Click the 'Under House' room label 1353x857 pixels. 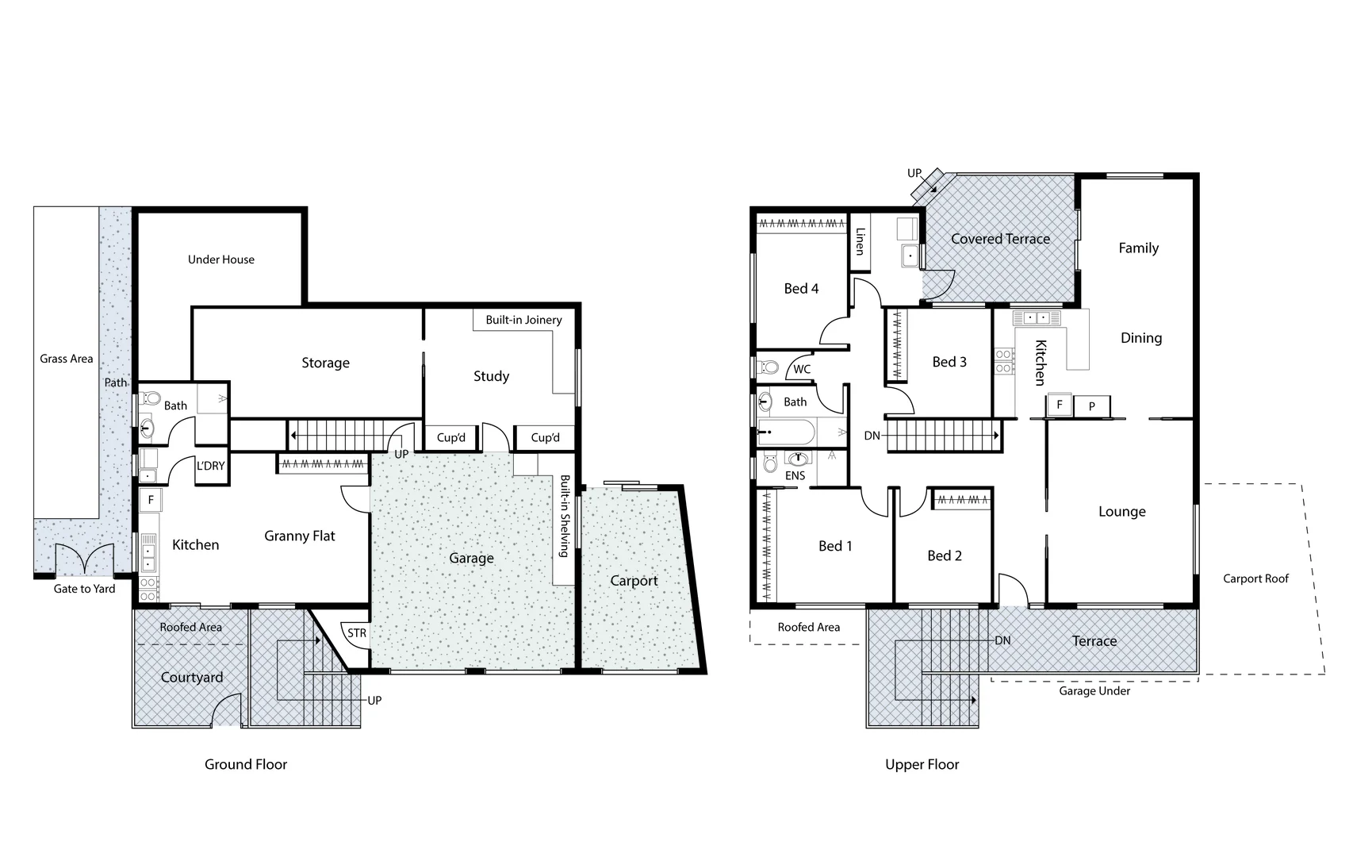(220, 259)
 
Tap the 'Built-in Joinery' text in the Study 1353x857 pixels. (523, 320)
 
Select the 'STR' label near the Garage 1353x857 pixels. (357, 632)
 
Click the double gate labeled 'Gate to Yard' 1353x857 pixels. (85, 559)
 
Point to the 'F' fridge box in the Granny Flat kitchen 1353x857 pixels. (151, 500)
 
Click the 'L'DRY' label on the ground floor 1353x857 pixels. (210, 466)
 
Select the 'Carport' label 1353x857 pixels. (634, 581)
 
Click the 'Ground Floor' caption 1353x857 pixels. (246, 764)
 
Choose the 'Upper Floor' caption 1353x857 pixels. (922, 764)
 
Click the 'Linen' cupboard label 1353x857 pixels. (859, 241)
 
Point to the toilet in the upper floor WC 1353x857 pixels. (767, 367)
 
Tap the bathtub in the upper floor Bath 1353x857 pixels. (785, 433)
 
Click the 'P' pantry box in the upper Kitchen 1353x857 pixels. (1092, 406)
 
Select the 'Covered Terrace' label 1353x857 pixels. (1000, 239)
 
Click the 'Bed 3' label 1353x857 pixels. (949, 362)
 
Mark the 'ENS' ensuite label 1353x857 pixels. (795, 476)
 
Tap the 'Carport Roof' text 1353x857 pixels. (1255, 578)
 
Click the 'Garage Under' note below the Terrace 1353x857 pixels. (1094, 691)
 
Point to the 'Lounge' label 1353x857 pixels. (1121, 512)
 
